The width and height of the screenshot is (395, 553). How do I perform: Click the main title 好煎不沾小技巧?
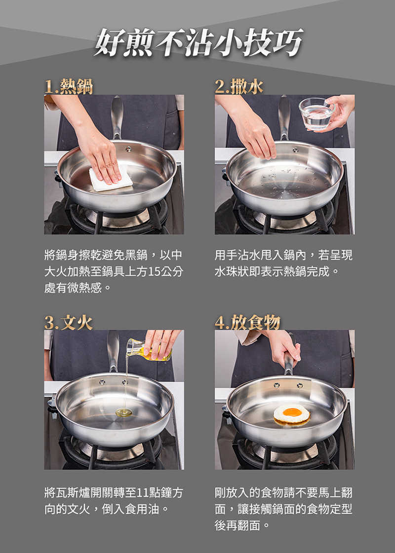pyautogui.click(x=199, y=43)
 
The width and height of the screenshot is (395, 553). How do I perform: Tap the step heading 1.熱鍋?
pyautogui.click(x=69, y=86)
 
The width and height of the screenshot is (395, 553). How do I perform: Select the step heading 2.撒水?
pyautogui.click(x=239, y=86)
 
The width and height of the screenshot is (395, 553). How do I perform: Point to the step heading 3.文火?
pyautogui.click(x=69, y=322)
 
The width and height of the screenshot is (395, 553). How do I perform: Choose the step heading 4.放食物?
pyautogui.click(x=247, y=322)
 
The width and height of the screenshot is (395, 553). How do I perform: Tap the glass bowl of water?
pyautogui.click(x=316, y=113)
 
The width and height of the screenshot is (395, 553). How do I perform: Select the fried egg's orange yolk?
pyautogui.click(x=292, y=412)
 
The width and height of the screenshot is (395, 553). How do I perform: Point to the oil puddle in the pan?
pyautogui.click(x=123, y=412)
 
